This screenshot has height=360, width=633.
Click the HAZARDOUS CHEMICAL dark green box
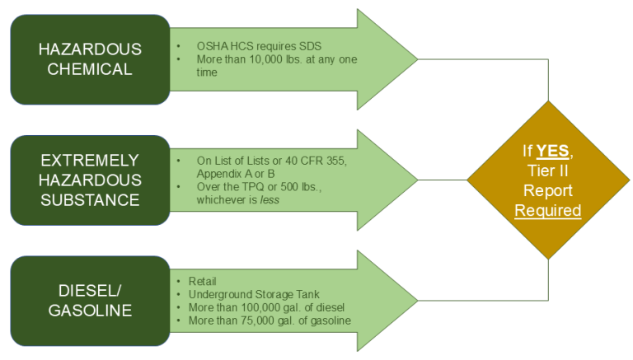tap(90, 59)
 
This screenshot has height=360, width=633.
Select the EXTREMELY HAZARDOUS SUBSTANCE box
tap(90, 180)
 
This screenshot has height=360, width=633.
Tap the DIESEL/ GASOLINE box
tap(90, 300)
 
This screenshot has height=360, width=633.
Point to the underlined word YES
tap(553, 151)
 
